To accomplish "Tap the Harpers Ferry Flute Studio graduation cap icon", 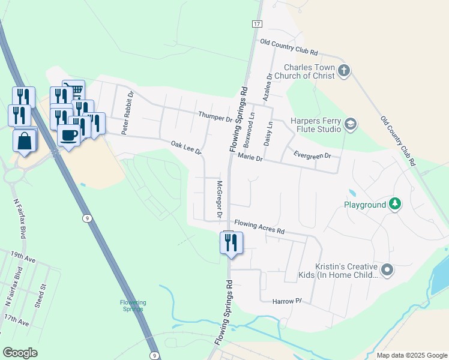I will pyautogui.click(x=350, y=125).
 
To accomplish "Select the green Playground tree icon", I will pyautogui.click(x=394, y=205).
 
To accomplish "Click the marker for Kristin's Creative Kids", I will pyautogui.click(x=387, y=271).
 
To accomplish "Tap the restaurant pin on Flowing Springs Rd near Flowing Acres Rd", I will pyautogui.click(x=231, y=243).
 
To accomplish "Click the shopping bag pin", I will pyautogui.click(x=24, y=141).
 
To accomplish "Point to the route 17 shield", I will pyautogui.click(x=256, y=23).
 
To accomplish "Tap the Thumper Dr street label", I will pyautogui.click(x=214, y=116).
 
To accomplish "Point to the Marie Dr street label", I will pyautogui.click(x=250, y=158).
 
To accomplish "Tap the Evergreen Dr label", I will pyautogui.click(x=312, y=155).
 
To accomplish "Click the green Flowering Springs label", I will pyautogui.click(x=131, y=305).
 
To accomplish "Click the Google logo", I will pyautogui.click(x=20, y=353).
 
